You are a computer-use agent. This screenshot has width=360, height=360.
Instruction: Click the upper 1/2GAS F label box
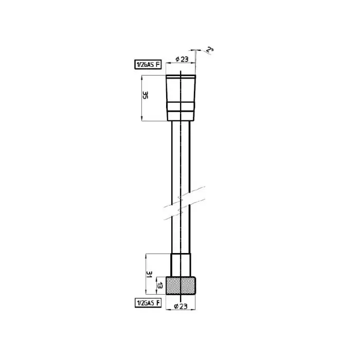[148, 64]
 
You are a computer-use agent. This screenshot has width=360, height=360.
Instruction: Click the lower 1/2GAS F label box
[148, 303]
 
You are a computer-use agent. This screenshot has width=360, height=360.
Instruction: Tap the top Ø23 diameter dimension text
[182, 59]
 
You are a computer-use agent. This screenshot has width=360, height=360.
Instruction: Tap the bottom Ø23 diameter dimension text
[181, 306]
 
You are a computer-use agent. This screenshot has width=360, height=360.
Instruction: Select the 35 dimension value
[145, 95]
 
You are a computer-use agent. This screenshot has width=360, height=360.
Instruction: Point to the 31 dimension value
[149, 274]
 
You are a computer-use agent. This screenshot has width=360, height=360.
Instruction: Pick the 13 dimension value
[160, 286]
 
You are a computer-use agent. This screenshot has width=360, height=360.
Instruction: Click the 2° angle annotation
[209, 50]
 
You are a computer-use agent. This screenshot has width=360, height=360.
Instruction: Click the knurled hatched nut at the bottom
[181, 285]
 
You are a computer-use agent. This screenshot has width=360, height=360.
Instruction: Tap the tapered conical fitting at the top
[181, 98]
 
